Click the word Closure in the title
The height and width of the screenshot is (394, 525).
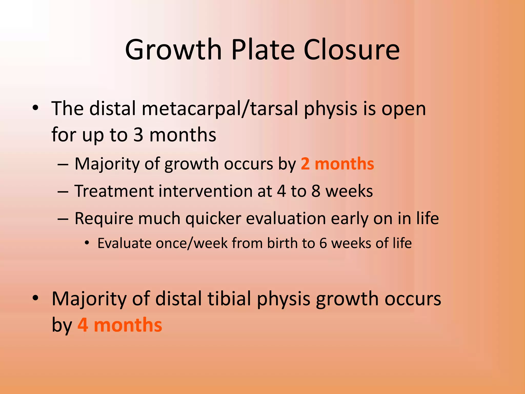click(351, 50)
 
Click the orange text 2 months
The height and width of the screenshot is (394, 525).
click(337, 164)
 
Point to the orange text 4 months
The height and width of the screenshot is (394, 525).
click(120, 325)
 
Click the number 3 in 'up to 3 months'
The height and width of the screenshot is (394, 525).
click(138, 135)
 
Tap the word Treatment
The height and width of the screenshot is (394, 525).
click(114, 191)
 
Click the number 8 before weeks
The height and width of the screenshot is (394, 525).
click(316, 191)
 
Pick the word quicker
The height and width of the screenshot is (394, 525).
click(213, 219)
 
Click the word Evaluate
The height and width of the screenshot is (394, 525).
click(124, 243)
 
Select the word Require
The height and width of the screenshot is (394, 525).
click(104, 219)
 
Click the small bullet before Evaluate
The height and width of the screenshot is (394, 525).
click(87, 243)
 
